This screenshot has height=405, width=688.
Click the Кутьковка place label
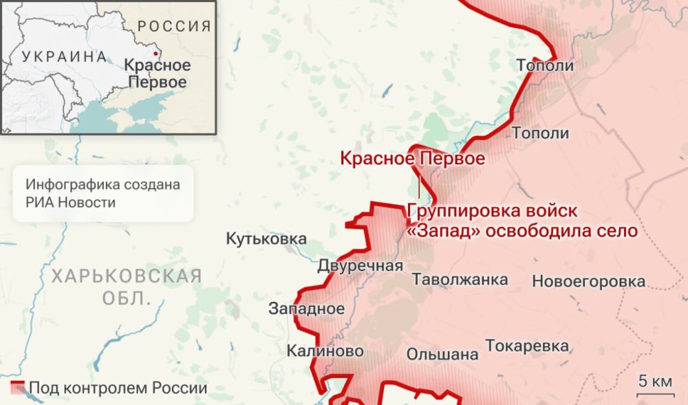(266, 239)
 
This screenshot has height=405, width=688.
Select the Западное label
(306, 309)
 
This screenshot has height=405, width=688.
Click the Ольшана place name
(442, 355)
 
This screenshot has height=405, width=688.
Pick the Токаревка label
(527, 346)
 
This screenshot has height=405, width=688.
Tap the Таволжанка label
(460, 279)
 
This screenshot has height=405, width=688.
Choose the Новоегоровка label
(588, 281)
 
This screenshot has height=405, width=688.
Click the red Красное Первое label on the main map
(412, 159)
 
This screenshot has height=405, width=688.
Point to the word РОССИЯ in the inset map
(174, 27)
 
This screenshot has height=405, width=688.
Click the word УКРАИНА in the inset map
(65, 57)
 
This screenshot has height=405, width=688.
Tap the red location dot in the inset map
(155, 52)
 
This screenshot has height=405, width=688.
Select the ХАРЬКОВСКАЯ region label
(127, 276)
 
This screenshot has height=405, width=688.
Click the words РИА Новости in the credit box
(71, 202)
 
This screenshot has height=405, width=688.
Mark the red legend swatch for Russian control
(17, 386)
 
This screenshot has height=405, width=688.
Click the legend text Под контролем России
(117, 388)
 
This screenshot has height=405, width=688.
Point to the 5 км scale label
(654, 382)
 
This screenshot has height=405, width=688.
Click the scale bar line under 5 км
(654, 395)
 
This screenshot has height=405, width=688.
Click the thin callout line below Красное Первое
(419, 184)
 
